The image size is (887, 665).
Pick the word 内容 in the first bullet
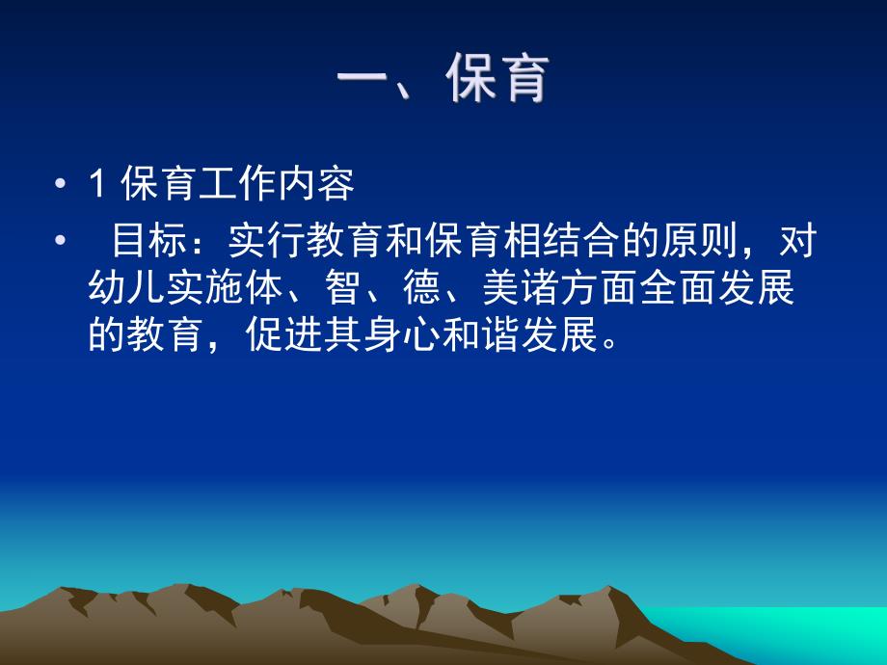click(322, 185)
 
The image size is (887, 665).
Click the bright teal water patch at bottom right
click(810, 631)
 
